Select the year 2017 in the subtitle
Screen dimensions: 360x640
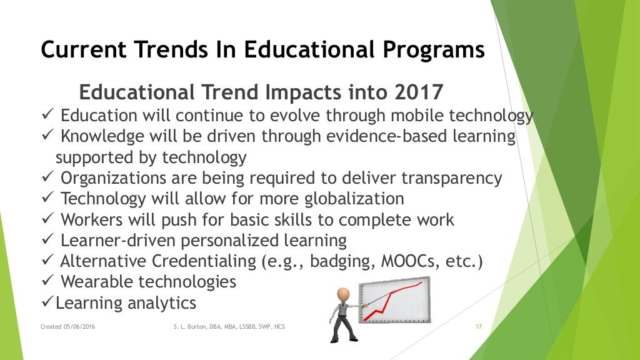(x=419, y=92)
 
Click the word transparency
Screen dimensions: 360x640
(x=451, y=178)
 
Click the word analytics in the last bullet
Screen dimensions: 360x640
(x=162, y=303)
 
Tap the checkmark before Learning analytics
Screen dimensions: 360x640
(x=47, y=303)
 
